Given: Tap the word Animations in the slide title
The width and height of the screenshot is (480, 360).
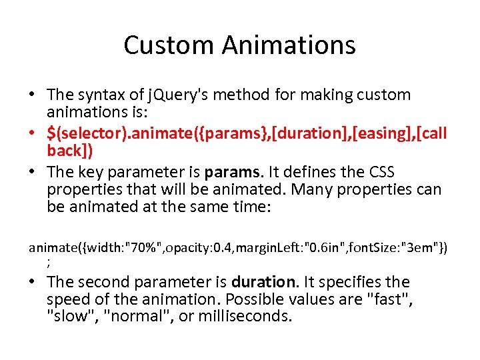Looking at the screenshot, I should coord(289,45).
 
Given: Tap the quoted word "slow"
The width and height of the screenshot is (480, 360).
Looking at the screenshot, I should coord(72,315).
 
